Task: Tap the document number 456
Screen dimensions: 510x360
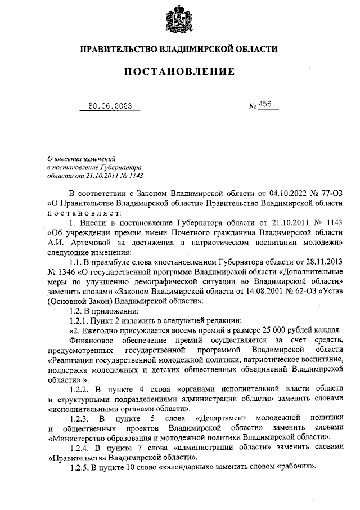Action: [x=265, y=105]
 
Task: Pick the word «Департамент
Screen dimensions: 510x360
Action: [x=221, y=418]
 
